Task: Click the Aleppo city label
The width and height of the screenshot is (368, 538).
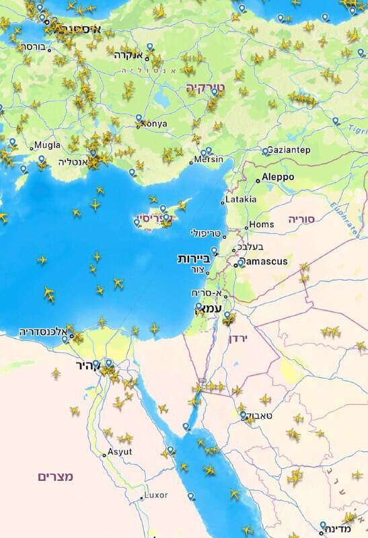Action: point(278,177)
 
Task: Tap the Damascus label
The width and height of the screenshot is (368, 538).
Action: point(264,261)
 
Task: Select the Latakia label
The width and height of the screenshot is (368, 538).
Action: point(241,200)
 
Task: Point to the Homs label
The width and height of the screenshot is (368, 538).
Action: point(262,225)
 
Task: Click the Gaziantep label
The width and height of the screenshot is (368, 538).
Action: point(289,150)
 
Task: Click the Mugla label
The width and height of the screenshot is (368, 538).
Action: point(46,145)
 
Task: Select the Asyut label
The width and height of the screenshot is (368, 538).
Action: point(119,452)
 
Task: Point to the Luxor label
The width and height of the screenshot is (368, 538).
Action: point(155,496)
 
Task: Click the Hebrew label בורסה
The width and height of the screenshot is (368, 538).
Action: point(33,47)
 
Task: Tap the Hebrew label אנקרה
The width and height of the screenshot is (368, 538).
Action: point(131,55)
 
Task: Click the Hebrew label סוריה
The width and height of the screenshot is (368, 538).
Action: point(301,219)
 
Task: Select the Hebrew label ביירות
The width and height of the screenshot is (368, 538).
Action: point(194,258)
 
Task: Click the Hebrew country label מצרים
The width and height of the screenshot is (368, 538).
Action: point(55,476)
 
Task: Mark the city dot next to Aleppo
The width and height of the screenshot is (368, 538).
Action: point(258,180)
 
